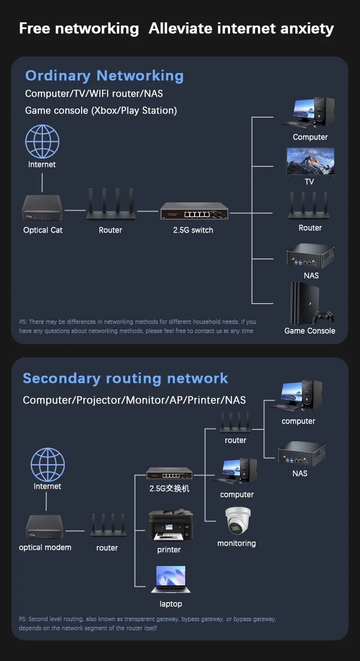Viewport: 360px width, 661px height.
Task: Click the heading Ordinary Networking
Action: click(104, 76)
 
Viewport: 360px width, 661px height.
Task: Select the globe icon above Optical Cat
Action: click(42, 142)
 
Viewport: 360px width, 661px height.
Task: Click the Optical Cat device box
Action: click(42, 208)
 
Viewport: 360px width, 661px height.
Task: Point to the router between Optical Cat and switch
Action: click(111, 205)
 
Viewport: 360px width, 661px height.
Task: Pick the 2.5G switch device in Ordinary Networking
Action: click(194, 212)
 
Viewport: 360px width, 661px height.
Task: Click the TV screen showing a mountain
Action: click(310, 162)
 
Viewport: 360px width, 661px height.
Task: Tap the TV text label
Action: click(309, 182)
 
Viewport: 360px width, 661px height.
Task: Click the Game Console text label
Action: click(310, 331)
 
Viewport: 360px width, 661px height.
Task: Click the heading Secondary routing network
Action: click(125, 378)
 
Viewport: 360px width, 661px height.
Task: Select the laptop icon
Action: click(170, 579)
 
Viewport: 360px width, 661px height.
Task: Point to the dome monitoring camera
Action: click(237, 521)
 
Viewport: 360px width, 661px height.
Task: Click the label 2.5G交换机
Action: click(170, 489)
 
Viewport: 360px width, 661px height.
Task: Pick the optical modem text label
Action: click(45, 547)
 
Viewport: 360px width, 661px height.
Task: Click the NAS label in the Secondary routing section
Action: click(300, 474)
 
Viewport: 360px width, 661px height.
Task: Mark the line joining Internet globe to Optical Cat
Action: click(42, 182)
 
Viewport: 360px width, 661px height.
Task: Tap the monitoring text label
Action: click(237, 543)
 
